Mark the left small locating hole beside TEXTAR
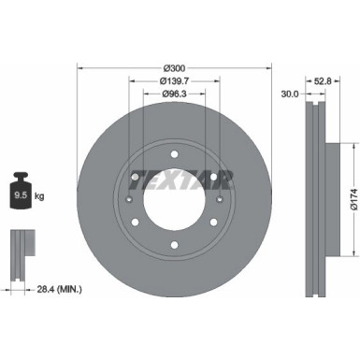(x=128, y=198)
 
